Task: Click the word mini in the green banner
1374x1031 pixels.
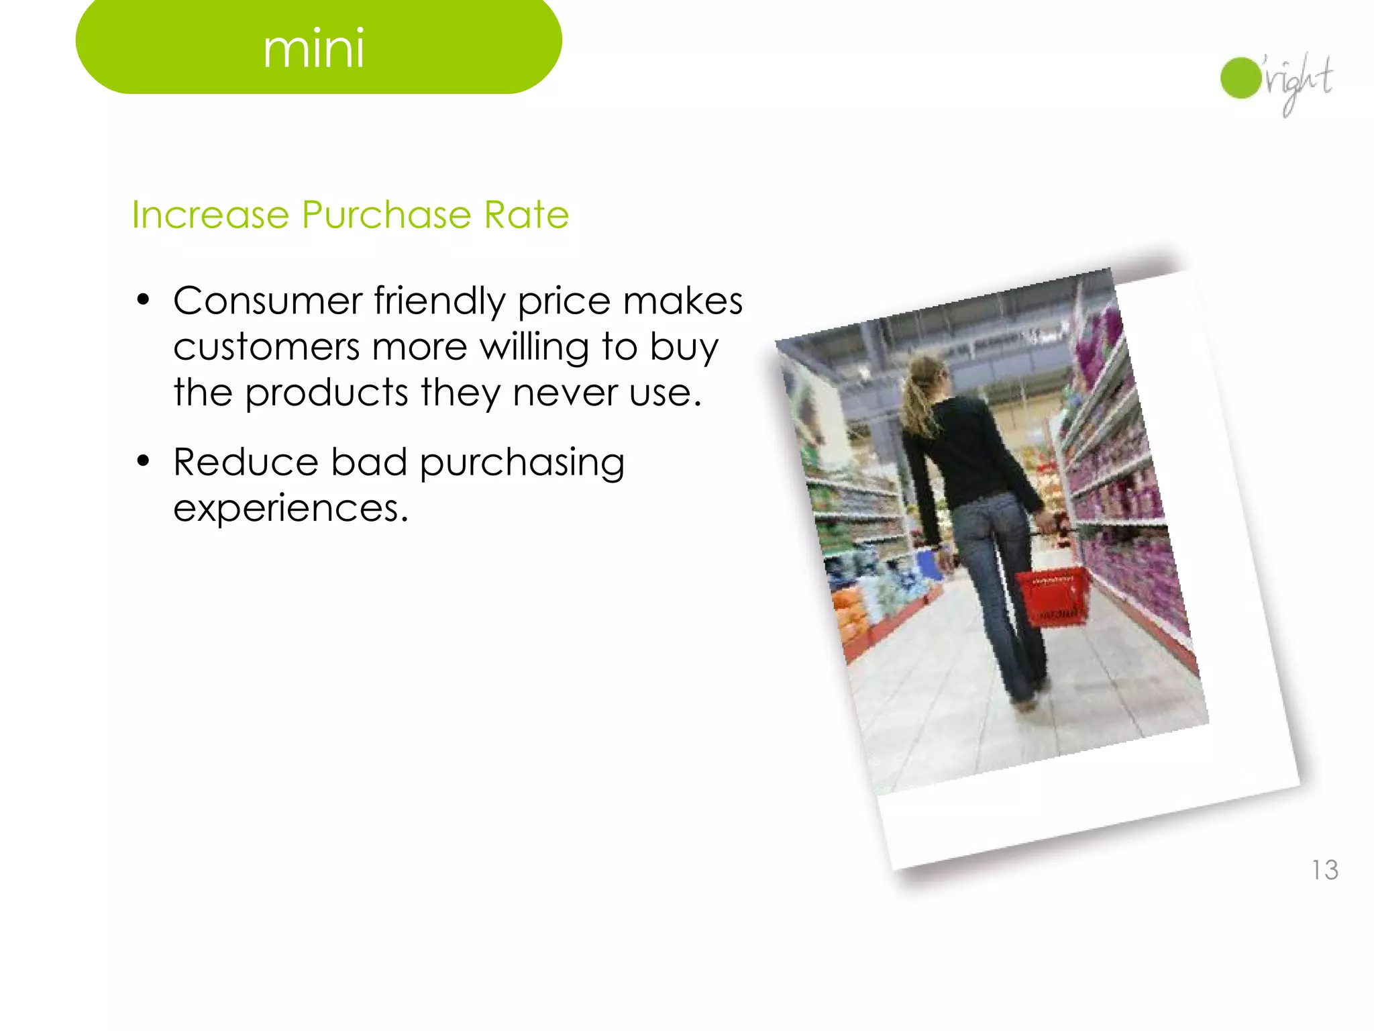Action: pos(313,49)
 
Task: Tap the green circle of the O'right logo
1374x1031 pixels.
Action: pos(1240,78)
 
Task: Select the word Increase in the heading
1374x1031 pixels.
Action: pos(210,215)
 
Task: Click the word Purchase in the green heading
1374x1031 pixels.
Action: pos(386,215)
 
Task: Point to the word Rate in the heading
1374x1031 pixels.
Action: pos(527,215)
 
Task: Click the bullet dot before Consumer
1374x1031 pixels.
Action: pos(142,300)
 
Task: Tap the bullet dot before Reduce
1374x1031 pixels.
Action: pos(142,462)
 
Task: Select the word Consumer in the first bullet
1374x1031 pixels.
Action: pos(267,301)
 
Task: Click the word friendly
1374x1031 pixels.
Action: pos(439,301)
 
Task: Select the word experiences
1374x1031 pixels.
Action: pos(290,509)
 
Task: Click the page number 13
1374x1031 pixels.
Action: pos(1325,871)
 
